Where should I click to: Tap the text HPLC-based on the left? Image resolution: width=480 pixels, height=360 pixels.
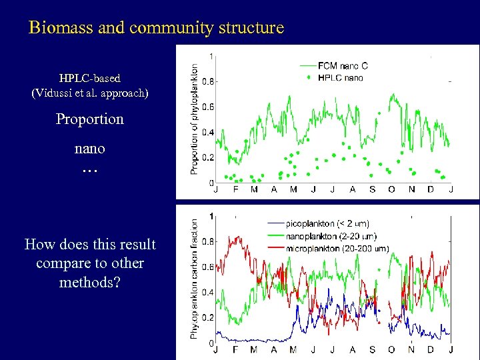[x=90, y=78]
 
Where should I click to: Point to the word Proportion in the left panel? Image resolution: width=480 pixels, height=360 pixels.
[x=90, y=119]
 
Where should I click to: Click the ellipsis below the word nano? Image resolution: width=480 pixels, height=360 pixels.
[x=90, y=170]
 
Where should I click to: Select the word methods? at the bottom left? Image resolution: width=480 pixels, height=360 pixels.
[x=90, y=282]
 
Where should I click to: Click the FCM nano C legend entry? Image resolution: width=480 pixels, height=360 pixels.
[x=345, y=66]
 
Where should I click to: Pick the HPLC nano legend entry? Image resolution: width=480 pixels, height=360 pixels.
[x=339, y=78]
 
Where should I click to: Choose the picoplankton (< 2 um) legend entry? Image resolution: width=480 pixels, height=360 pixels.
[x=327, y=223]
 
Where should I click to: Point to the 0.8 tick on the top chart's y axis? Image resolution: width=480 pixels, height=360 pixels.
[x=208, y=81]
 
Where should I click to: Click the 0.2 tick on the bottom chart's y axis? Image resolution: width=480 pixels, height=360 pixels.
[x=208, y=317]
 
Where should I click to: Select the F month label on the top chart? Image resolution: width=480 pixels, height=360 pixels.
[x=235, y=189]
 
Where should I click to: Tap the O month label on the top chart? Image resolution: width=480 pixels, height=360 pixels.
[x=391, y=189]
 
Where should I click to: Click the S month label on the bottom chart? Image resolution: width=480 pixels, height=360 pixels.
[x=372, y=350]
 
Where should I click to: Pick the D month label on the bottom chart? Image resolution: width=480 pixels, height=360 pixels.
[x=431, y=350]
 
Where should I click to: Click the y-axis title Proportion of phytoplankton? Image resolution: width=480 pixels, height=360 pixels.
[x=195, y=119]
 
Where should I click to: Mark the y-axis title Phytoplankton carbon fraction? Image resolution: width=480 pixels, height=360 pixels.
[x=195, y=279]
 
